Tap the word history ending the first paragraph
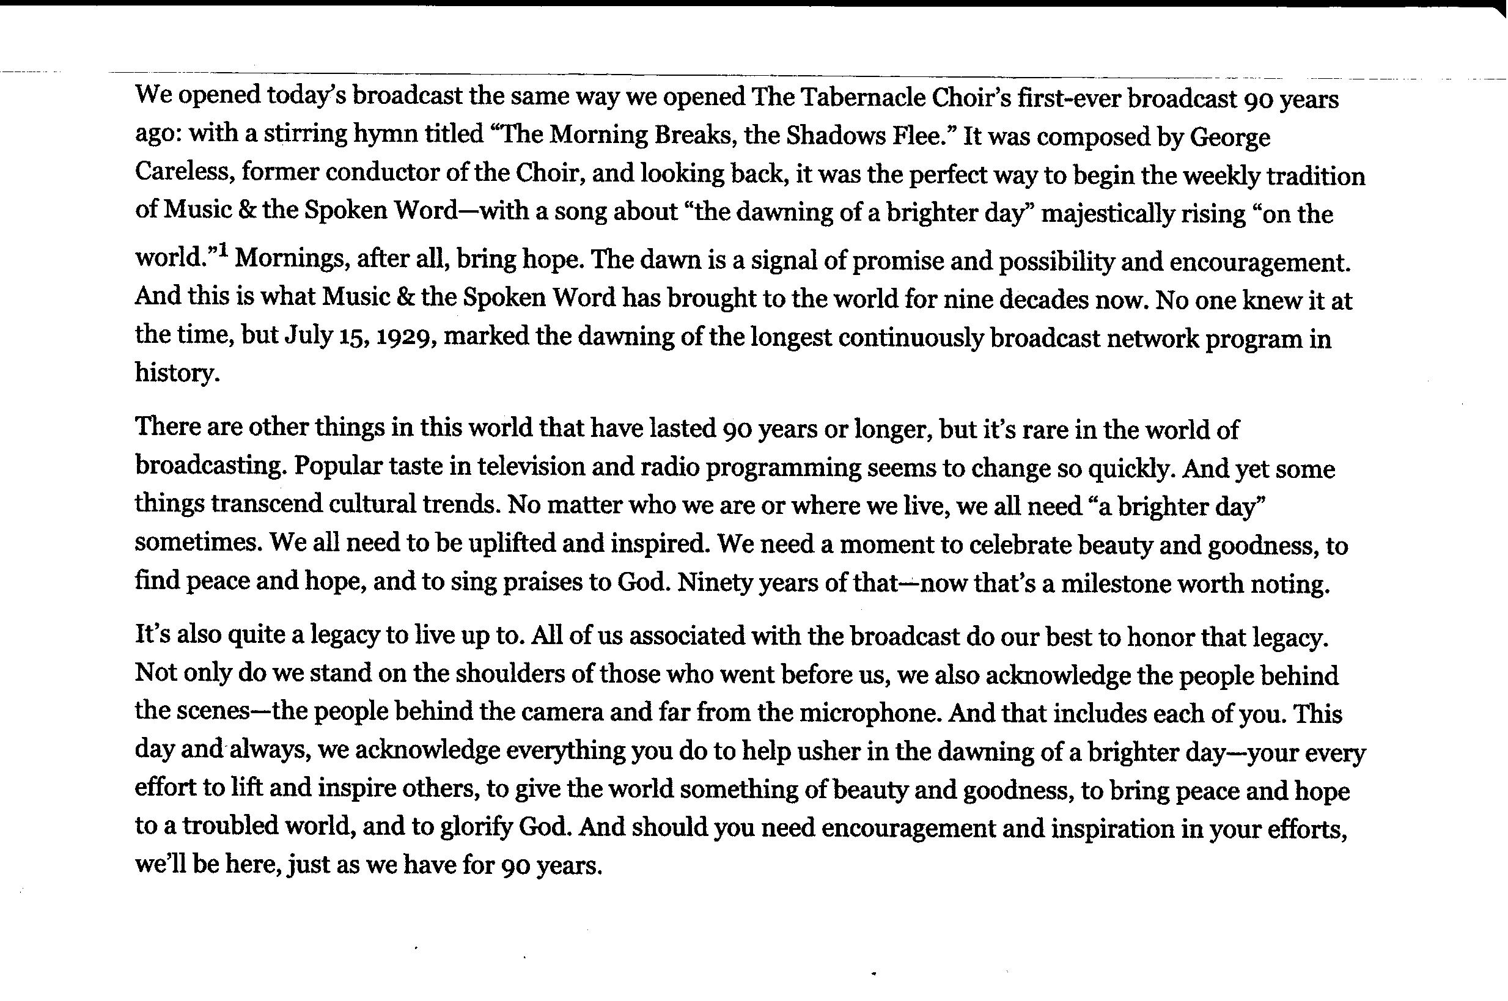pyautogui.click(x=176, y=373)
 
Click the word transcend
pyautogui.click(x=265, y=504)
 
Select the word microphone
pyautogui.click(x=871, y=713)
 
